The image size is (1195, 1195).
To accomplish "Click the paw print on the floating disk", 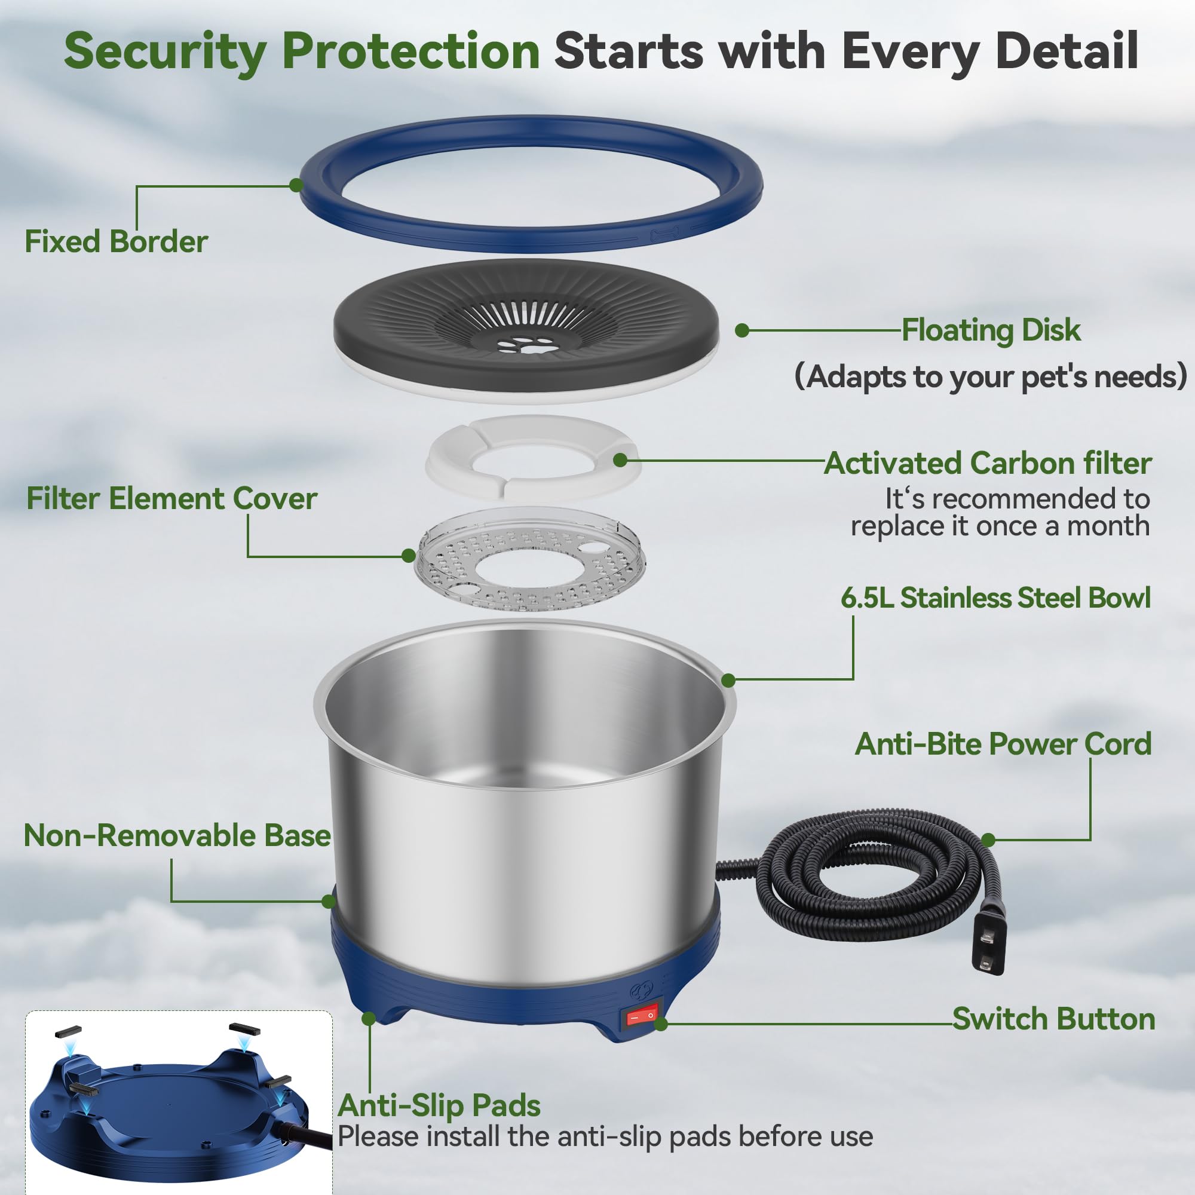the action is tap(525, 344).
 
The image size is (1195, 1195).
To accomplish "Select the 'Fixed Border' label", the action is tap(117, 242).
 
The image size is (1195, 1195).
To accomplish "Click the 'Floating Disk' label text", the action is tap(991, 330).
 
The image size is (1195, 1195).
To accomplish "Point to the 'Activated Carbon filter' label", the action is tap(988, 462).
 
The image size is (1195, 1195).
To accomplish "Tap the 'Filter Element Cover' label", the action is tap(172, 498).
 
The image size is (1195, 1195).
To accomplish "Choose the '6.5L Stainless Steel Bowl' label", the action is tap(995, 597).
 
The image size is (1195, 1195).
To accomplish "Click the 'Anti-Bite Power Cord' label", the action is tap(1003, 743).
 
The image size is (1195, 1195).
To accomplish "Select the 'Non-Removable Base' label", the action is tap(177, 835).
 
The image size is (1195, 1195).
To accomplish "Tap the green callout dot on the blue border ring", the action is tap(296, 185).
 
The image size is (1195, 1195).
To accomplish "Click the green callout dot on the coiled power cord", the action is tap(988, 840).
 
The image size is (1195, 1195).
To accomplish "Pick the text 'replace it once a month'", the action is tap(1000, 526).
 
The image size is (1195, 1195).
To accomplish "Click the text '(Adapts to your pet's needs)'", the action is tap(990, 376).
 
